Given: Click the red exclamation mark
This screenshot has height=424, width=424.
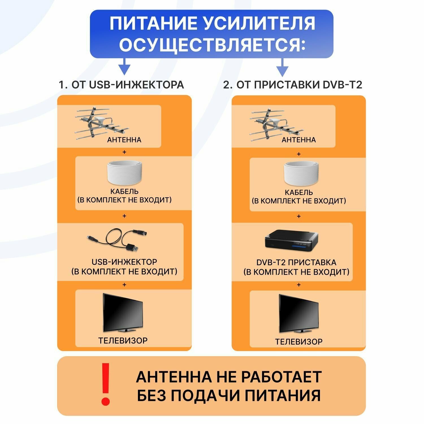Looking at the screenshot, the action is (x=106, y=384).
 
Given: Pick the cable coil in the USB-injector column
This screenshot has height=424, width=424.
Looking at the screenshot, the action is (x=124, y=173).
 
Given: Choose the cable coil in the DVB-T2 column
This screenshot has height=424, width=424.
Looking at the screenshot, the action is (x=301, y=174).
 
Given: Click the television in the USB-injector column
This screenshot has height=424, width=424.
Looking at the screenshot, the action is (x=123, y=313).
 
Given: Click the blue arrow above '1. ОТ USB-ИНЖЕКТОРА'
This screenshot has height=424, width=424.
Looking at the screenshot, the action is (x=124, y=67).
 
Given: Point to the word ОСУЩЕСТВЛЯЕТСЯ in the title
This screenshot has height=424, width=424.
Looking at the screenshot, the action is (x=212, y=45).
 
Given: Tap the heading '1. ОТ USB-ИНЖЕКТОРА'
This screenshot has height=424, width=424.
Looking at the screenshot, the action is (x=121, y=85).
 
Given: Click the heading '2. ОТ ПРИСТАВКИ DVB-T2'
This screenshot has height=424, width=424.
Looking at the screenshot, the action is (x=293, y=85).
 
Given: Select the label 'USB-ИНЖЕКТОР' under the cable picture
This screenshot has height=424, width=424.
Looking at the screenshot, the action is (x=124, y=262).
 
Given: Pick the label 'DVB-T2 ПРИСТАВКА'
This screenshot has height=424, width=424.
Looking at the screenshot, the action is (x=296, y=262).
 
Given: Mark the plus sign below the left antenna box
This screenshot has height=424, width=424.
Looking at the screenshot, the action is (x=124, y=152).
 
